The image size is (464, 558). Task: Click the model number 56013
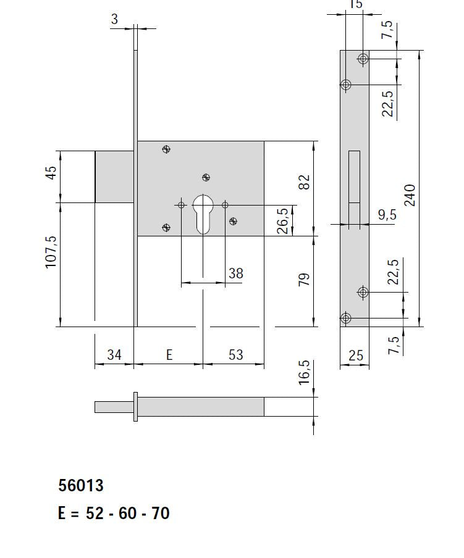(x=81, y=486)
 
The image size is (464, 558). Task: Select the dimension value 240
(x=410, y=195)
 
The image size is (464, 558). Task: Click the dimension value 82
(x=304, y=182)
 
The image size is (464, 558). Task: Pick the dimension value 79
(x=304, y=279)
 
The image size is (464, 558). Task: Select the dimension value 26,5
(x=282, y=221)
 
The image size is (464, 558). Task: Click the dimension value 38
(x=235, y=273)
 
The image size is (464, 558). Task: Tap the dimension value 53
(x=235, y=355)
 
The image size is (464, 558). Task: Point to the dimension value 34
(x=114, y=355)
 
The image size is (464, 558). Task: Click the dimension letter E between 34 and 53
(x=169, y=355)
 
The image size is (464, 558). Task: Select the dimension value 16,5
(x=304, y=373)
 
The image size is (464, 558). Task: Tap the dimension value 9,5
(x=387, y=215)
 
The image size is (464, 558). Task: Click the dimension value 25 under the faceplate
(x=356, y=356)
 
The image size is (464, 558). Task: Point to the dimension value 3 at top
(x=114, y=19)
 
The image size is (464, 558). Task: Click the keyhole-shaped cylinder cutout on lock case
(x=203, y=214)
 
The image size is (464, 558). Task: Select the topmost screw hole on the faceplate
(x=363, y=59)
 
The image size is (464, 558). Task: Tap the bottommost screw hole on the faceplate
(x=346, y=319)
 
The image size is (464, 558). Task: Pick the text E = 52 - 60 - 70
(x=114, y=513)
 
